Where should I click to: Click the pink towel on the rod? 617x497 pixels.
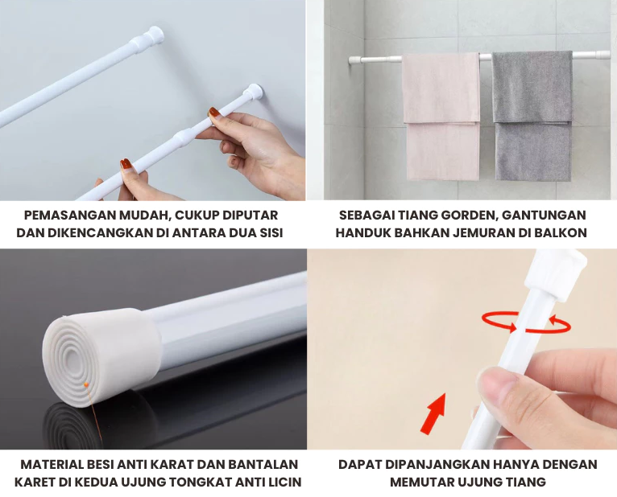point(441,117)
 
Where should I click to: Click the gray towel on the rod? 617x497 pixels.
point(532,117)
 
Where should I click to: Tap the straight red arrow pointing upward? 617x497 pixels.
point(433,414)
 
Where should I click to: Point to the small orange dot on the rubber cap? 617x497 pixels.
point(86,384)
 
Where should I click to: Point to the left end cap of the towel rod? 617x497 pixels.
point(354,60)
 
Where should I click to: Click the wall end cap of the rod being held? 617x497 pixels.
point(253,92)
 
